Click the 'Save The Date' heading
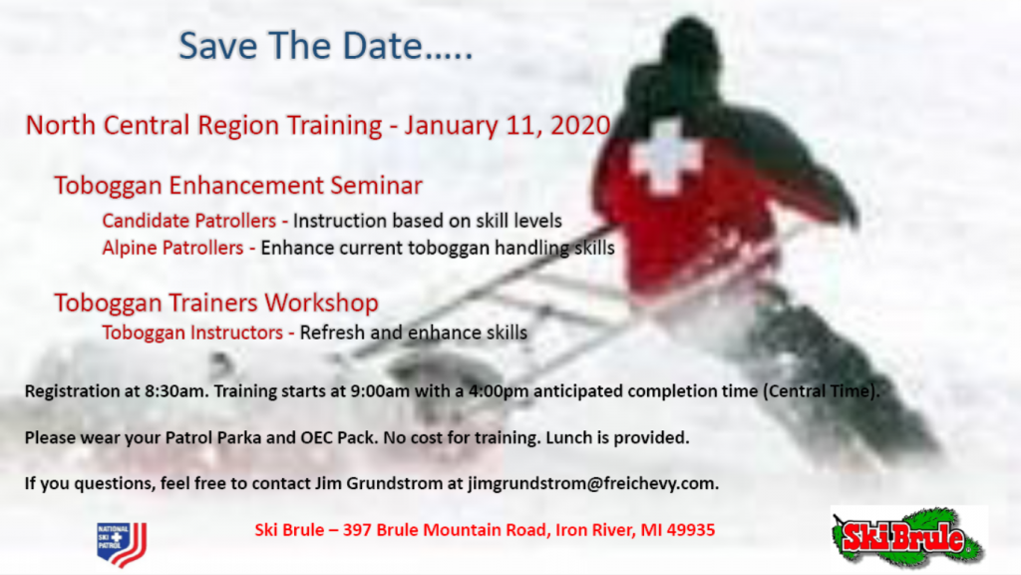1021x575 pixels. [x=326, y=46]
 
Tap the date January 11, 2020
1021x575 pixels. [x=508, y=125]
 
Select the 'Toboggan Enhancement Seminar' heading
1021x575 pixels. [x=238, y=186]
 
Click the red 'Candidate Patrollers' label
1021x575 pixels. [x=188, y=221]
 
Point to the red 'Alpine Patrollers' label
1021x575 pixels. [x=172, y=248]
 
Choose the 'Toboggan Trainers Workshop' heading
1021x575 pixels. [x=216, y=303]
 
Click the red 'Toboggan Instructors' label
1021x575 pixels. [x=192, y=332]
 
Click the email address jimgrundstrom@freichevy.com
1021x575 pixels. [x=592, y=484]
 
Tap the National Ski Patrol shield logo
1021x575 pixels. [x=121, y=544]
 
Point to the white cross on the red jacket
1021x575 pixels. [x=665, y=159]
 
